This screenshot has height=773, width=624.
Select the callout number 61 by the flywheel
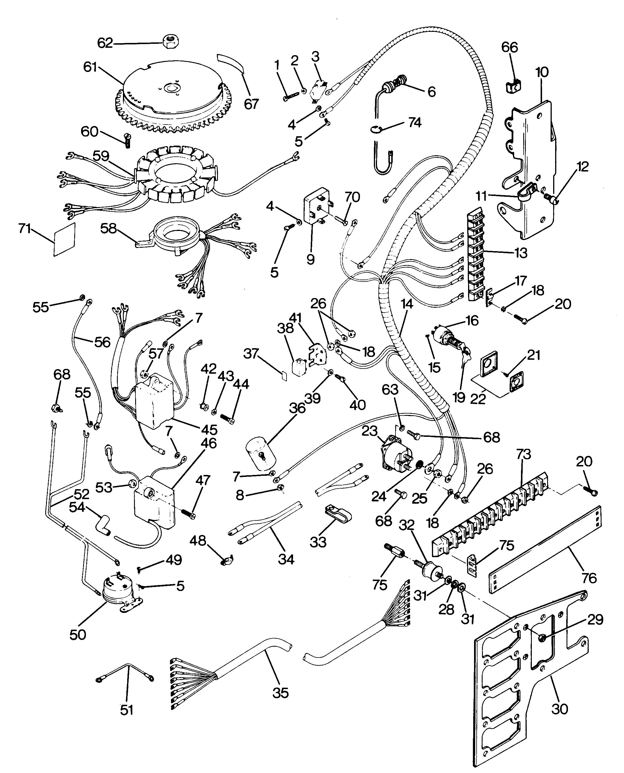[x=90, y=67]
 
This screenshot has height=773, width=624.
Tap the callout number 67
[x=251, y=104]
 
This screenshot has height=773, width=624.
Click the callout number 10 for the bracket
[x=542, y=72]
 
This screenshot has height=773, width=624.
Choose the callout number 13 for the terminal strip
[x=521, y=253]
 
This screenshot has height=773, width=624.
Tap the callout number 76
[x=588, y=578]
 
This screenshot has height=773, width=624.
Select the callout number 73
[x=524, y=454]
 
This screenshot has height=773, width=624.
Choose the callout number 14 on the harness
[x=407, y=304]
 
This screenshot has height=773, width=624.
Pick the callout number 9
[x=310, y=259]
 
